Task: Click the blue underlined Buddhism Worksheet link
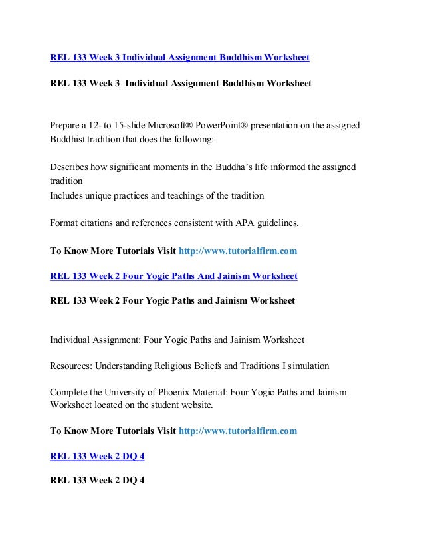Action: pos(179,58)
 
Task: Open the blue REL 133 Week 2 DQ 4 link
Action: pos(97,456)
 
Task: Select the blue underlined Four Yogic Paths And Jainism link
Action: pos(173,275)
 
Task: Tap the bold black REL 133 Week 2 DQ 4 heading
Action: pos(97,480)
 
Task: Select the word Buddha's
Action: pos(234,166)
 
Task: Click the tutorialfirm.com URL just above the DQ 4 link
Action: pos(238,431)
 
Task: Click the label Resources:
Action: pos(73,366)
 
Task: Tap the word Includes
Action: pos(68,195)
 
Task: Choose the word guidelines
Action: pos(276,223)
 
